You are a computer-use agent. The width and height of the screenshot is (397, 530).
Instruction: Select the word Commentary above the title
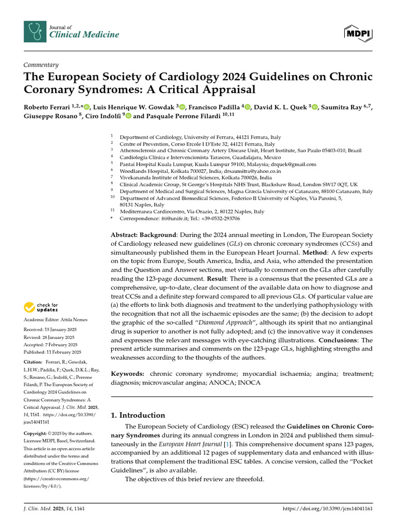click(41, 65)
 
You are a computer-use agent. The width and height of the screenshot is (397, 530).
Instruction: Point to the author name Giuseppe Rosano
click(49, 116)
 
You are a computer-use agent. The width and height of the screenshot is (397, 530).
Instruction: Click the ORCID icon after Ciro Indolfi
click(129, 116)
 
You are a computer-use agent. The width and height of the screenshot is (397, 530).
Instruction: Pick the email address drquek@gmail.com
click(295, 164)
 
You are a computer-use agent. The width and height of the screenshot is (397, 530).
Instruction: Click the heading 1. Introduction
click(138, 415)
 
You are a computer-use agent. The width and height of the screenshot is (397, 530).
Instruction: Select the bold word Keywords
click(127, 374)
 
